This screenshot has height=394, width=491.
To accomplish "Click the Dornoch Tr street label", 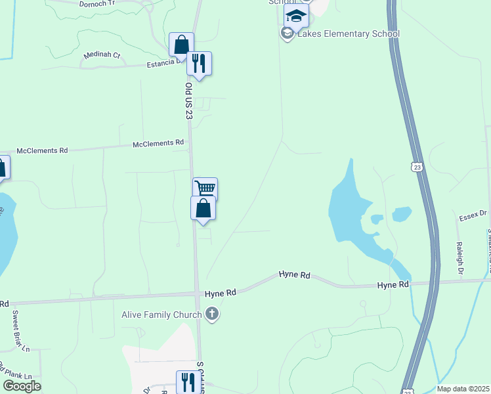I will (97, 3).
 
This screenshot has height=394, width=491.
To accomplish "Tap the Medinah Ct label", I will (102, 55).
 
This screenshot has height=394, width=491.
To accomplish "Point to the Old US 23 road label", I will (188, 100).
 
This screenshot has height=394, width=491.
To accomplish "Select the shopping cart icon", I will (205, 188).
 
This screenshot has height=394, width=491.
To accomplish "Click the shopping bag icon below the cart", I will (203, 208).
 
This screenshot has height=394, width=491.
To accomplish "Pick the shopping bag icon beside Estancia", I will (181, 45).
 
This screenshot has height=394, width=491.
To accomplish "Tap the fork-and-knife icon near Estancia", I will (199, 63).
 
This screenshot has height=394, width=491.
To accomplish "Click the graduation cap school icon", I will (296, 16).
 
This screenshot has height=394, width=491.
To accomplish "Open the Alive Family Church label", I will (161, 315).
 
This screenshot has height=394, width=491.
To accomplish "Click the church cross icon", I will (211, 315).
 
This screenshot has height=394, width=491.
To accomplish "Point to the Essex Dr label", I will (473, 214).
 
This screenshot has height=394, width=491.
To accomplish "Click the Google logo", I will (22, 385).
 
